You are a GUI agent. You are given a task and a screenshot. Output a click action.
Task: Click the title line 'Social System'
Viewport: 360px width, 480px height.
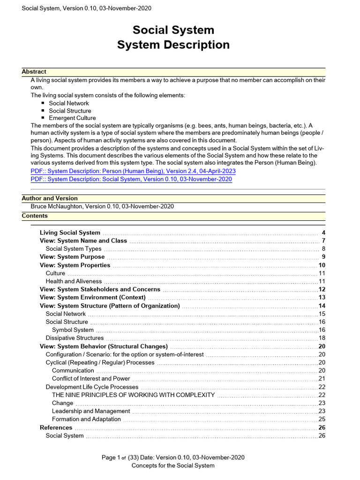pyautogui.click(x=173, y=30)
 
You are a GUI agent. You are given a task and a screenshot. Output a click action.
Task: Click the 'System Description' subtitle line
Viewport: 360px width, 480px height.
pyautogui.click(x=173, y=45)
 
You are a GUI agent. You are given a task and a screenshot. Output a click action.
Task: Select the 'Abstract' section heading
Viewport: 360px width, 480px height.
pyautogui.click(x=34, y=72)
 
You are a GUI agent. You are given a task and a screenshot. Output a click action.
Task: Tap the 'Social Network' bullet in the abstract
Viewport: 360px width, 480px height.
pyautogui.click(x=68, y=103)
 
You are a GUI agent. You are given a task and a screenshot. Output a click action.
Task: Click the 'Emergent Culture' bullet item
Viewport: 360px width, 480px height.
pyautogui.click(x=72, y=118)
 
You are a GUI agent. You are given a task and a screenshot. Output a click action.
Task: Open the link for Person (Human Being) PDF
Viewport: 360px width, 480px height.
pyautogui.click(x=133, y=172)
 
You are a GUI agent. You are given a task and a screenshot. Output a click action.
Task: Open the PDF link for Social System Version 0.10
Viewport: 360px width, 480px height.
pyautogui.click(x=131, y=179)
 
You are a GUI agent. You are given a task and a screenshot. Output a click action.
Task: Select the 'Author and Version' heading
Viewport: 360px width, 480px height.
pyautogui.click(x=50, y=198)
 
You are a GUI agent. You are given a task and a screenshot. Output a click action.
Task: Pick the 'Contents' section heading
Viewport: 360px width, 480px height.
pyautogui.click(x=35, y=216)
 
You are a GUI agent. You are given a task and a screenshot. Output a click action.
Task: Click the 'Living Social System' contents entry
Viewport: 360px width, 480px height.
pyautogui.click(x=70, y=232)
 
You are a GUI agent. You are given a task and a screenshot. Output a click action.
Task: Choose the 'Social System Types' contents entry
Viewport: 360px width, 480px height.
pyautogui.click(x=74, y=249)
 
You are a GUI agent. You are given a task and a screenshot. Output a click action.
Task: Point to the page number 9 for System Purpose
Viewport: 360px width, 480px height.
pyautogui.click(x=323, y=257)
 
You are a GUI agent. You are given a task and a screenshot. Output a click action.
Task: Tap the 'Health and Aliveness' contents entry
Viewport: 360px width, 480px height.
pyautogui.click(x=74, y=281)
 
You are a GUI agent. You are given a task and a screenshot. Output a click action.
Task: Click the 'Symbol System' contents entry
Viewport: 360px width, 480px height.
pyautogui.click(x=73, y=330)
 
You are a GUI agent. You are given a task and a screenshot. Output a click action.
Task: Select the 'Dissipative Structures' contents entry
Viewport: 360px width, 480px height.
pyautogui.click(x=75, y=338)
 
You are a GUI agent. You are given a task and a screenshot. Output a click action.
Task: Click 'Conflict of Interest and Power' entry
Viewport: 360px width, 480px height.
pyautogui.click(x=91, y=379)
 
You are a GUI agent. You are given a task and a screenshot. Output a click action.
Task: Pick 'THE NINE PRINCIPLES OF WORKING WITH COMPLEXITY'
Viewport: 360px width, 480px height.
pyautogui.click(x=133, y=395)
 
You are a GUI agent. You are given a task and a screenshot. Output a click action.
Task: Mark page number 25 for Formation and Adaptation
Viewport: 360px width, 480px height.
pyautogui.click(x=322, y=419)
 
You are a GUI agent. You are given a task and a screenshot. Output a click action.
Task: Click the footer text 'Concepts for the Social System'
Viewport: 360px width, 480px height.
pyautogui.click(x=173, y=465)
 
